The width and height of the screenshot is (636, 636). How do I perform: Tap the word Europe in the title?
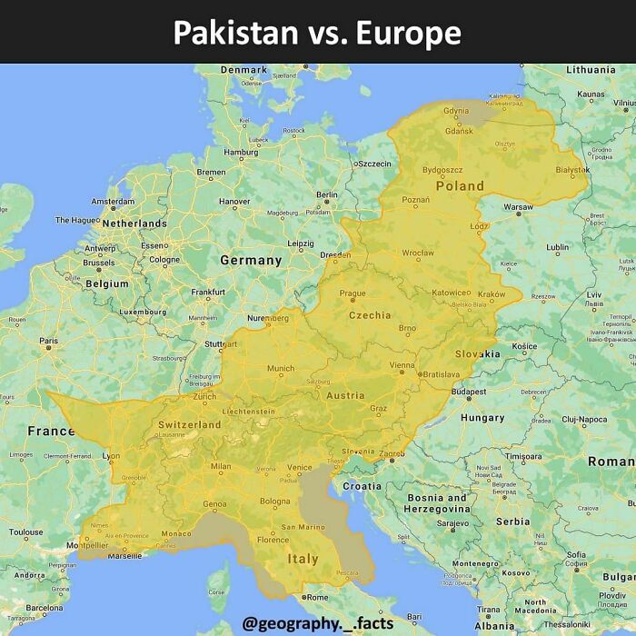click(409, 34)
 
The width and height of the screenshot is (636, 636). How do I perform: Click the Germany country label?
click(251, 260)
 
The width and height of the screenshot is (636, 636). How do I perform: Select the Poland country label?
click(460, 185)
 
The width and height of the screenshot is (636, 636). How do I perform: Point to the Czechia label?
click(370, 315)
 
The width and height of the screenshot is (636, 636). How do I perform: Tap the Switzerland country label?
click(189, 424)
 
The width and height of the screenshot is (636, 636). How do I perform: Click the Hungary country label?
click(482, 418)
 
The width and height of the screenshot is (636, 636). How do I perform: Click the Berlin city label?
click(327, 194)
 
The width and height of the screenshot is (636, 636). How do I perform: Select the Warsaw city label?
click(518, 207)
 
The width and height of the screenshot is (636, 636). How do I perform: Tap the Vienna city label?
click(402, 364)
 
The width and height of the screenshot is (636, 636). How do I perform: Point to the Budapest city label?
click(469, 391)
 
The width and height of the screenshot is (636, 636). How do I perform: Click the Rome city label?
click(317, 597)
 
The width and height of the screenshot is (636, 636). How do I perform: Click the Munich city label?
click(281, 368)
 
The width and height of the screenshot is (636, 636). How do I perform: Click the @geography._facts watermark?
click(318, 622)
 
